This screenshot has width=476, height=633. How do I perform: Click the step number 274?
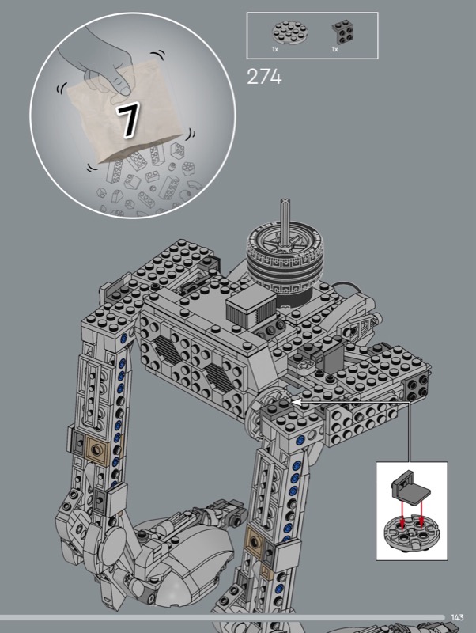point(264,77)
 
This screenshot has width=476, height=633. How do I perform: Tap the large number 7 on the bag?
point(128,120)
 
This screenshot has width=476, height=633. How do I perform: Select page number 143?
point(458,618)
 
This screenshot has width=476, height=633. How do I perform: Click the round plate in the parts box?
point(290,32)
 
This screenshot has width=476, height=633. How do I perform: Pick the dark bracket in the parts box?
point(344,32)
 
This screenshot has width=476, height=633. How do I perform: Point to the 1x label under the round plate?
point(275,49)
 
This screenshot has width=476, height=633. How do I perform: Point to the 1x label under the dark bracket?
point(334,49)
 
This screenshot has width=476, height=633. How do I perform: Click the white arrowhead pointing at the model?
point(296,402)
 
